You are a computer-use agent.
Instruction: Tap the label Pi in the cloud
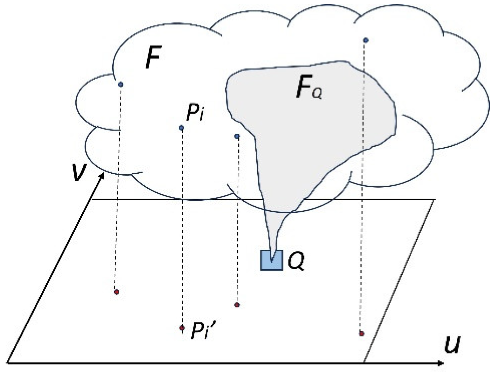pos(196,112)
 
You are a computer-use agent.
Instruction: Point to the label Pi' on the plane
pos(203,330)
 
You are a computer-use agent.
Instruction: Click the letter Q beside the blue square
pos(296,260)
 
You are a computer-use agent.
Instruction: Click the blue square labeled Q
pos(272,260)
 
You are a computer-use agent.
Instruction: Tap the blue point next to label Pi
pos(181,128)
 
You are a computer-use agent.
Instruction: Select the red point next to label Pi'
pos(182,328)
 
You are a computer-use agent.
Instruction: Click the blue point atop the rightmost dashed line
pos(366,40)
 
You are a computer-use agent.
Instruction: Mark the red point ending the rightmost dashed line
pos(362,334)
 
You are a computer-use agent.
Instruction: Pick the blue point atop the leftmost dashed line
pos(121,84)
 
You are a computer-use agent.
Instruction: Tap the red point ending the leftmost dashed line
pos(117,292)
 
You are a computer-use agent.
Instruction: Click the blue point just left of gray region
pos(237,136)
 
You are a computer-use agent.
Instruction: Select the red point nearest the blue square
pos(237,305)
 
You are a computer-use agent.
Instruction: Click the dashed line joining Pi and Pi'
pos(182,228)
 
